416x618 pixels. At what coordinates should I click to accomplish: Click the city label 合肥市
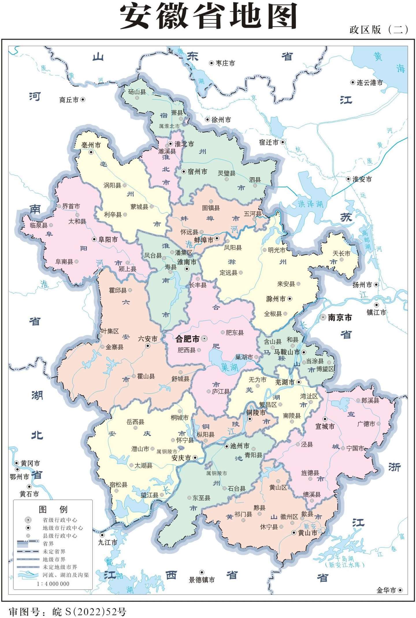187,339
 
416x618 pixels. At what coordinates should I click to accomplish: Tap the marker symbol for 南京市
323,317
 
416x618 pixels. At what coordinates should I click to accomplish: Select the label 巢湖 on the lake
230,367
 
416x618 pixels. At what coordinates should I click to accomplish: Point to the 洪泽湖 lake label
311,204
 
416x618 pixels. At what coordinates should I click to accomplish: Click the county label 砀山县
137,92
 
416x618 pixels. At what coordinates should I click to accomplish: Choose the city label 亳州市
91,145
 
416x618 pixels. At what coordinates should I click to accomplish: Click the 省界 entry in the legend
48,544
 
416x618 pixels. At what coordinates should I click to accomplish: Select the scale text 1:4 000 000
53,583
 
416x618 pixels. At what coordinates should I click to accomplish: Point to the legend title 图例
53,509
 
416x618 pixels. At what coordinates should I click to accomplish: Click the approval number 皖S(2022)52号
67,612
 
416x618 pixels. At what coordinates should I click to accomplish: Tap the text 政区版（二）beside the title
378,29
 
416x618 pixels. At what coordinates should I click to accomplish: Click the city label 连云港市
369,83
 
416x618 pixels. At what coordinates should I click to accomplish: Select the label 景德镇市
202,580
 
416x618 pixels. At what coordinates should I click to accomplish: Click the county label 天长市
341,253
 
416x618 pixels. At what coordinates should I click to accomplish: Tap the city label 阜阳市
108,240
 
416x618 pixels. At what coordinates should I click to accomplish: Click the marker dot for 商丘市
83,100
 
